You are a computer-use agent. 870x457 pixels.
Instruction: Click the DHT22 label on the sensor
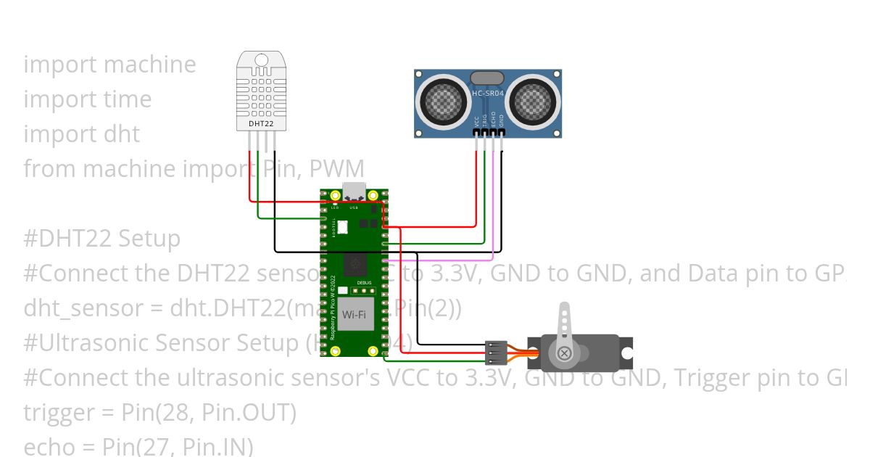click(x=262, y=125)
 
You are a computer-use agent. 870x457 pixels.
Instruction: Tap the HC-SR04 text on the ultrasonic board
click(x=487, y=94)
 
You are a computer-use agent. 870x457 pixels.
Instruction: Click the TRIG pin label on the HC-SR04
click(x=485, y=121)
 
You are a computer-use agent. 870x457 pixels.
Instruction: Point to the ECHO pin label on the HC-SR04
click(x=493, y=121)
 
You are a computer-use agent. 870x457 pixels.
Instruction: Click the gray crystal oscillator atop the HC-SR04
click(x=487, y=78)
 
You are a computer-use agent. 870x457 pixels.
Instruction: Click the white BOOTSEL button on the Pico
click(x=342, y=227)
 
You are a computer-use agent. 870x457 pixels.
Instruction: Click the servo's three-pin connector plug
click(x=494, y=353)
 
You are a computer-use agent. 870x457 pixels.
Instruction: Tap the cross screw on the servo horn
click(x=563, y=353)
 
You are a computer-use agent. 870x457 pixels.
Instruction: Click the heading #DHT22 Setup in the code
click(x=102, y=239)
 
